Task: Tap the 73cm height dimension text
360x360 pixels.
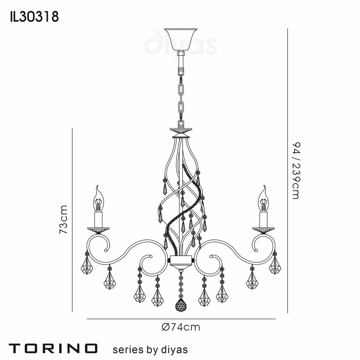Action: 64,220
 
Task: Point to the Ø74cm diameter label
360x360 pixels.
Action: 181,327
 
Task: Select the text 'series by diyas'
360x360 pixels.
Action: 150,349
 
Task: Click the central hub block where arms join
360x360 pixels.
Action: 181,261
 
